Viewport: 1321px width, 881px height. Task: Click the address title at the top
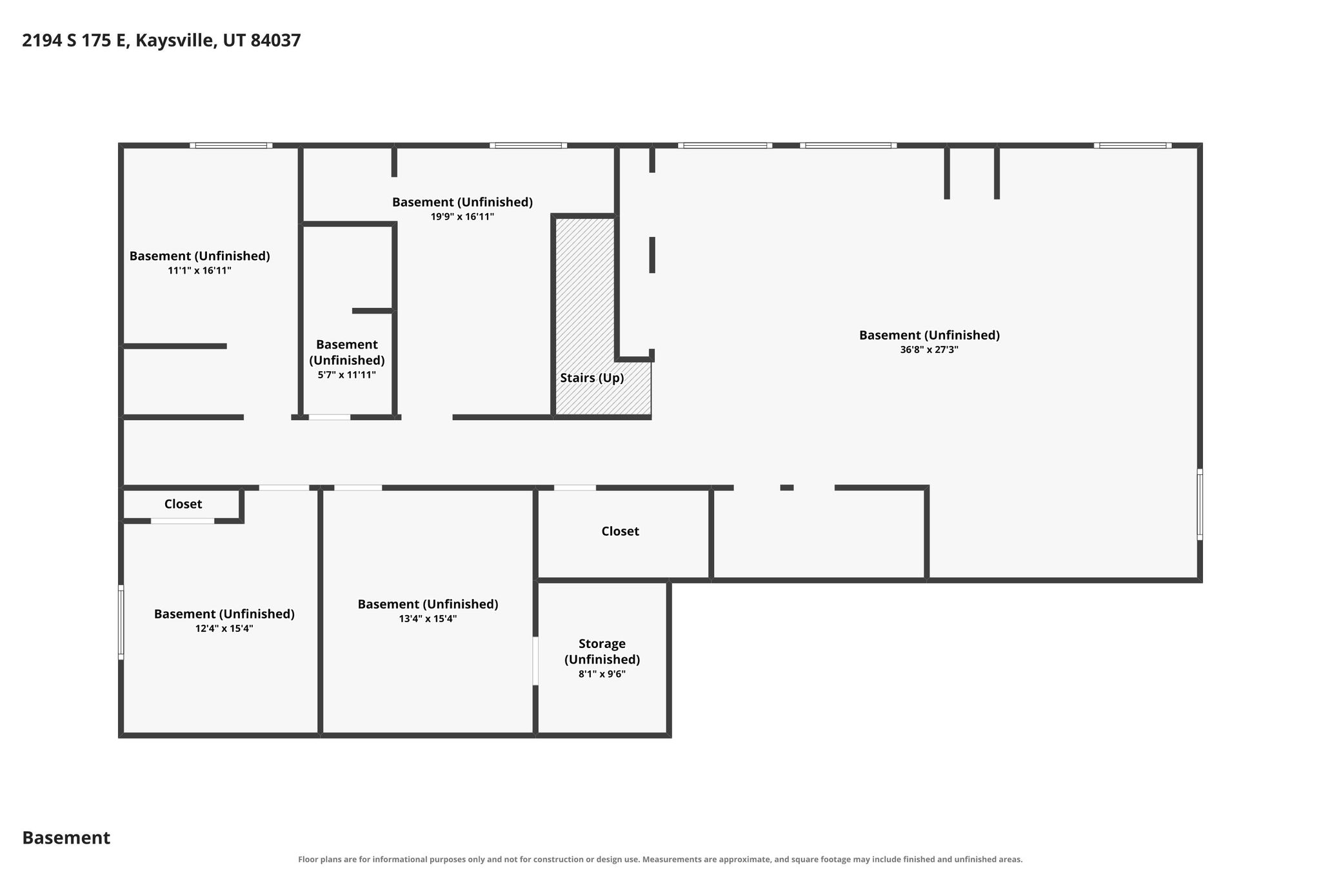coord(161,41)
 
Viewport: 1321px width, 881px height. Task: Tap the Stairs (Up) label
coord(591,378)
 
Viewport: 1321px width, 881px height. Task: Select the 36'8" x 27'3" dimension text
coord(929,350)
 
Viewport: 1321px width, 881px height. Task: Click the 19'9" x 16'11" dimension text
coord(462,217)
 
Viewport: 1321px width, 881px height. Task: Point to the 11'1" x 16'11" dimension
coord(199,270)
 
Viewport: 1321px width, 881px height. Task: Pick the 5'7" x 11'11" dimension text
coord(346,375)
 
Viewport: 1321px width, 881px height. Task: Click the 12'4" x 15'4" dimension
coord(224,629)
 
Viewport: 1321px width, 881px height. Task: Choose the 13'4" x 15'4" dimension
coord(428,619)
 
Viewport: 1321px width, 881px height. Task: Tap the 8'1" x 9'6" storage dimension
coord(602,674)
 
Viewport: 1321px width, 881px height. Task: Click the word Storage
coord(602,643)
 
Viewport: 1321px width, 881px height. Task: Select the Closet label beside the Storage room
coord(620,531)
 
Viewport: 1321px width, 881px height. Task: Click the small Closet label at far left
coord(183,504)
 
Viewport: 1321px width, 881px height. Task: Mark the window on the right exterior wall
coord(1200,504)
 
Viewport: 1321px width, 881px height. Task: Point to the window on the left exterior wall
coord(121,622)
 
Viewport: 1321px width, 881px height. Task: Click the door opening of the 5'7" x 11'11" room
coord(330,418)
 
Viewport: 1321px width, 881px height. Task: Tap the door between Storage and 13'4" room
coord(535,661)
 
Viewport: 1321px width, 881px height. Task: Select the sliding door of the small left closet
coord(183,521)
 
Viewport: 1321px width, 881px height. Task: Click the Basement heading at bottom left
coord(66,838)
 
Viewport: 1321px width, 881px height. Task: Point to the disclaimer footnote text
coord(660,859)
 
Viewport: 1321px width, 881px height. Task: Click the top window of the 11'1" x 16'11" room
coord(231,145)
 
